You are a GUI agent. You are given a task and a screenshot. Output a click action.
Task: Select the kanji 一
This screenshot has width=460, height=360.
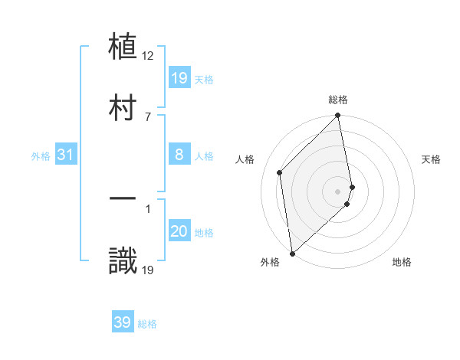123,199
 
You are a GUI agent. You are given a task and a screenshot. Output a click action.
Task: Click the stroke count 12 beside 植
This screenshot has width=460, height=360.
148,56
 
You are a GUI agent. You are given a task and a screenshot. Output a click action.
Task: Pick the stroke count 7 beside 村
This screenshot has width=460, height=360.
148,116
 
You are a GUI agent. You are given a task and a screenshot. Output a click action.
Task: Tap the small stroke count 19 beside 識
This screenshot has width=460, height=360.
148,269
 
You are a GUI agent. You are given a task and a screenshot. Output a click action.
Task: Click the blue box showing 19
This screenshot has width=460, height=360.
179,77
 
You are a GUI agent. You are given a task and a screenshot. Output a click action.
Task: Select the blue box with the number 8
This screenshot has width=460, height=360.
179,155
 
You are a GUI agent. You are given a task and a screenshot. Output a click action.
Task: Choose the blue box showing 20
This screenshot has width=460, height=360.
179,231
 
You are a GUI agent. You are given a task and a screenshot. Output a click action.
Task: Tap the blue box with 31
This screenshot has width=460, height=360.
66,155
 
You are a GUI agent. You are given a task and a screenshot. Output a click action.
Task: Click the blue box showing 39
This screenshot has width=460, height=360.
123,322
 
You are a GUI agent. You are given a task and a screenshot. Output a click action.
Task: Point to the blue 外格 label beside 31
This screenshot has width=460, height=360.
41,156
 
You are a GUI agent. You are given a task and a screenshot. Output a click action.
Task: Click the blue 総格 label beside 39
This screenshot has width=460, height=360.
147,324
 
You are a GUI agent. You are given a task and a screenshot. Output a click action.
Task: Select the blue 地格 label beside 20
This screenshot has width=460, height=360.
204,233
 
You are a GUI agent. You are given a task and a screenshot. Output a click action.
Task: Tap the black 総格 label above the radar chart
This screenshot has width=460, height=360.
338,100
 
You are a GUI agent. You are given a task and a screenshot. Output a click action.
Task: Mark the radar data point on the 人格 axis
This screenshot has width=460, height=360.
280,172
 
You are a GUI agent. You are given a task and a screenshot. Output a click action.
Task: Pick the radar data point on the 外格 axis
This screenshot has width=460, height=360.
291,253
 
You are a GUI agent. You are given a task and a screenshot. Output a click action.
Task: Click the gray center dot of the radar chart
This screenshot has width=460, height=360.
338,191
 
